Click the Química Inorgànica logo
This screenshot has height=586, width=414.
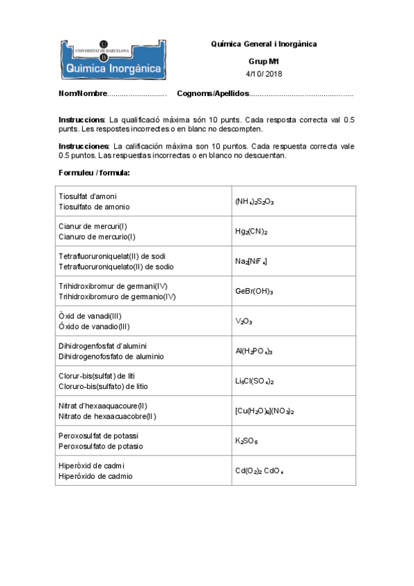click(x=112, y=58)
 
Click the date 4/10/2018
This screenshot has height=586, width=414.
click(x=264, y=74)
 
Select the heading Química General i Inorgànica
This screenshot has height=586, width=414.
click(x=264, y=44)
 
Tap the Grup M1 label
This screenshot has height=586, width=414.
click(x=264, y=62)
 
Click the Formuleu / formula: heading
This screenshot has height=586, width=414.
click(x=94, y=172)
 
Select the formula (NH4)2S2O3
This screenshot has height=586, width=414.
click(x=254, y=202)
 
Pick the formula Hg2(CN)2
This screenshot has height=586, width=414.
click(x=251, y=232)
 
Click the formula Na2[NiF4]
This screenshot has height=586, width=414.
click(x=251, y=262)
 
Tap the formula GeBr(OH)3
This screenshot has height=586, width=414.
click(x=254, y=292)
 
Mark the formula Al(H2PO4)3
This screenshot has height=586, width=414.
click(x=254, y=352)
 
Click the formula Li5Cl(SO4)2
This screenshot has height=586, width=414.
click(x=254, y=381)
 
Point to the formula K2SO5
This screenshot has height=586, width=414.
click(x=247, y=441)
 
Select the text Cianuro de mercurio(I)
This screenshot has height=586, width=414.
click(x=96, y=236)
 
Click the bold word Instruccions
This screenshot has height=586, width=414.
click(x=82, y=120)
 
